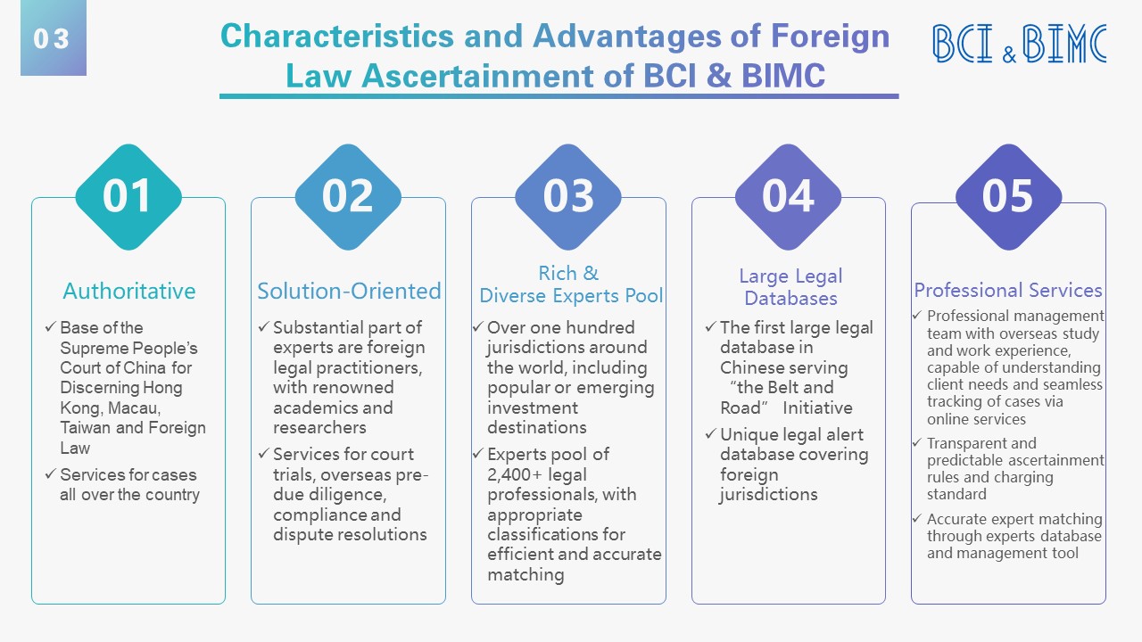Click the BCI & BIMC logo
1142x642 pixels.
click(x=1019, y=44)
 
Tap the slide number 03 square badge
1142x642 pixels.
click(x=54, y=38)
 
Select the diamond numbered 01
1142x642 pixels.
click(x=128, y=197)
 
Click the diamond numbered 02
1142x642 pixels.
click(x=348, y=197)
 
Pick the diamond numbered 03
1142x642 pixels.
click(x=568, y=197)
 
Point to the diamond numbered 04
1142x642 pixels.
click(x=788, y=197)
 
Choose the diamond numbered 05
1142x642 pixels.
click(x=1008, y=197)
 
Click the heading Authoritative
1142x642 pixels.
click(x=129, y=292)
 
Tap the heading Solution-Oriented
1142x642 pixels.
click(x=349, y=292)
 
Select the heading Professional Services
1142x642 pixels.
click(x=1008, y=291)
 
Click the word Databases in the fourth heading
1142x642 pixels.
click(x=790, y=299)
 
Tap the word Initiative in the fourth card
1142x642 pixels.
click(x=818, y=408)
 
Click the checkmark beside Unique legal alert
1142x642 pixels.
click(x=711, y=434)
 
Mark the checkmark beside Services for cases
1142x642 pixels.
click(x=50, y=474)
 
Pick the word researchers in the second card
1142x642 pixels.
click(x=319, y=427)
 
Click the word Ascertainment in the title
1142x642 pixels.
click(x=476, y=76)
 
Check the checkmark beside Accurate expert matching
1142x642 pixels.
click(x=917, y=519)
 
